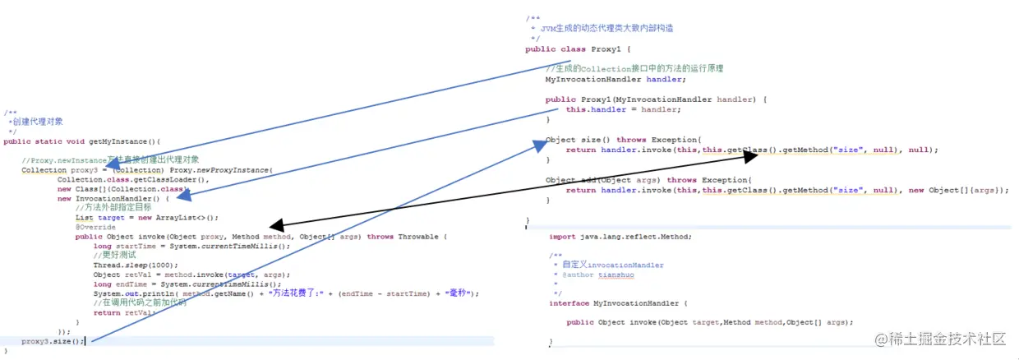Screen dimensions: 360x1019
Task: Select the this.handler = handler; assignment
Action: click(623, 109)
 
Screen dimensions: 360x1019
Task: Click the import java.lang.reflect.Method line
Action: click(620, 237)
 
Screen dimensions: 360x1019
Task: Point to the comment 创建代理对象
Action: click(38, 122)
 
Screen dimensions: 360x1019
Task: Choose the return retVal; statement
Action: click(124, 312)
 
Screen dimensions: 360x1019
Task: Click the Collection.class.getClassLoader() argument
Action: click(134, 179)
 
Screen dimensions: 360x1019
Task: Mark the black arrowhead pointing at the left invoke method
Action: click(276, 225)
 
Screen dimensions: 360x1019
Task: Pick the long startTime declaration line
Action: click(192, 246)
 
